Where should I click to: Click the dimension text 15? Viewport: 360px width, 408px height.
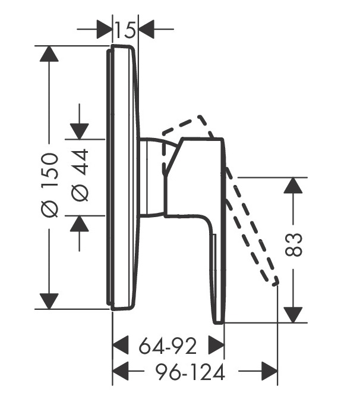(x=125, y=27)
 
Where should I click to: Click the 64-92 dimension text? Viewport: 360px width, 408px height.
(x=168, y=344)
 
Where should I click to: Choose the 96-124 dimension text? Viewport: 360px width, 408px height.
(x=190, y=373)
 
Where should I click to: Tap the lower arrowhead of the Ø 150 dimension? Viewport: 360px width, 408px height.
(x=49, y=301)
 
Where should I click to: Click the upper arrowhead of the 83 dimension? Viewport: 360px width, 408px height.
(x=293, y=185)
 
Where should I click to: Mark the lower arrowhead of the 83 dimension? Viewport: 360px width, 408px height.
(x=293, y=315)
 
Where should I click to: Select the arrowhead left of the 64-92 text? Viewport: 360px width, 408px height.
(x=121, y=344)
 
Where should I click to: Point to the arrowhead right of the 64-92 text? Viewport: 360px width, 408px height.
(x=216, y=344)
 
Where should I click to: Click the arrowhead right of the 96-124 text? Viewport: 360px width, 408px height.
(x=270, y=372)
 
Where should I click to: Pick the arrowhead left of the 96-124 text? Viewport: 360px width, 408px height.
(x=121, y=372)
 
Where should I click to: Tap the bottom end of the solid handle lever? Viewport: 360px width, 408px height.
(x=219, y=321)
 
